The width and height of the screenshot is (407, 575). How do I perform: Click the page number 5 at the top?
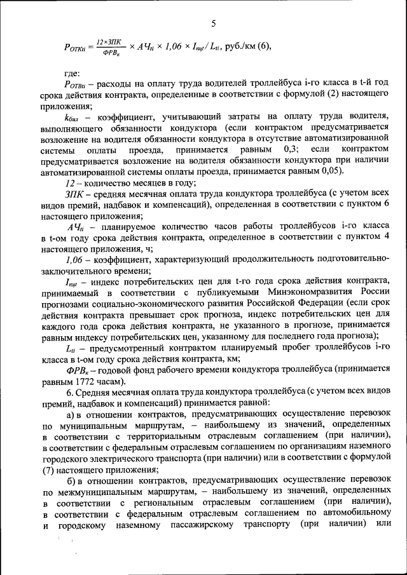tap(214, 23)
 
